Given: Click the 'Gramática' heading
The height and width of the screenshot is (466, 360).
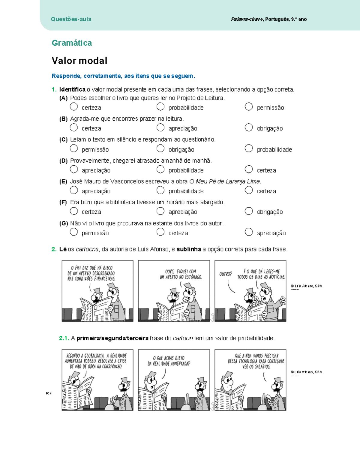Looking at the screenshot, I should (x=72, y=43).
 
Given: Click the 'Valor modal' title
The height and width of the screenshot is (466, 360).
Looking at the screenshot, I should (x=79, y=61).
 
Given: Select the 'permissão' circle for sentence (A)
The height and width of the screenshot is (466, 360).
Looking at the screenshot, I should (x=249, y=107).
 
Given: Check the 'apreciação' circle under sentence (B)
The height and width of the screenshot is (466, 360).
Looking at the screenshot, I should (x=160, y=128).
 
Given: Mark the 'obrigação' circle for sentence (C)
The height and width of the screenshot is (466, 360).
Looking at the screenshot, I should (x=160, y=149).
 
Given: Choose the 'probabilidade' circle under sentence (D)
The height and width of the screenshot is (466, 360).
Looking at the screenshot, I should (x=160, y=170).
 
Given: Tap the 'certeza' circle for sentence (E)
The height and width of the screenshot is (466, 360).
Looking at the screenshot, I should (x=249, y=190).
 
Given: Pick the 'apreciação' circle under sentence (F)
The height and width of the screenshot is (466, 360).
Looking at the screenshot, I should (x=160, y=211).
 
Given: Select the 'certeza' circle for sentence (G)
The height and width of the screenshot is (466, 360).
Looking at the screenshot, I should (x=160, y=232).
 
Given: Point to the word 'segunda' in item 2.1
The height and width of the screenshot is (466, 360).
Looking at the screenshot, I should (x=113, y=338).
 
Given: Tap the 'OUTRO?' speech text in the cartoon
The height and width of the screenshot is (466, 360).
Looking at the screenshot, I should (x=226, y=274).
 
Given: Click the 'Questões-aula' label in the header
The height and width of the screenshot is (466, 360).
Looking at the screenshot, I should (x=71, y=19).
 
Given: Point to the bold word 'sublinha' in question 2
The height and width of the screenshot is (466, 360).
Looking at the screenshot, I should (x=189, y=249).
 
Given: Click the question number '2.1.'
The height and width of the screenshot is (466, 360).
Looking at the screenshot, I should (x=64, y=338).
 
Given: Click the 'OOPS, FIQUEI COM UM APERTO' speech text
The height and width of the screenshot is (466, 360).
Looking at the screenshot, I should (x=181, y=274).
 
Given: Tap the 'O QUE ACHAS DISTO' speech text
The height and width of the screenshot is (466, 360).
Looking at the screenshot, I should (x=169, y=361).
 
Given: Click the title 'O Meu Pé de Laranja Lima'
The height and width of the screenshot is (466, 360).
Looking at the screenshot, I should (x=225, y=182).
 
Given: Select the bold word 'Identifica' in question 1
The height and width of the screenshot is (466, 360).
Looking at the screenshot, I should (x=72, y=89).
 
